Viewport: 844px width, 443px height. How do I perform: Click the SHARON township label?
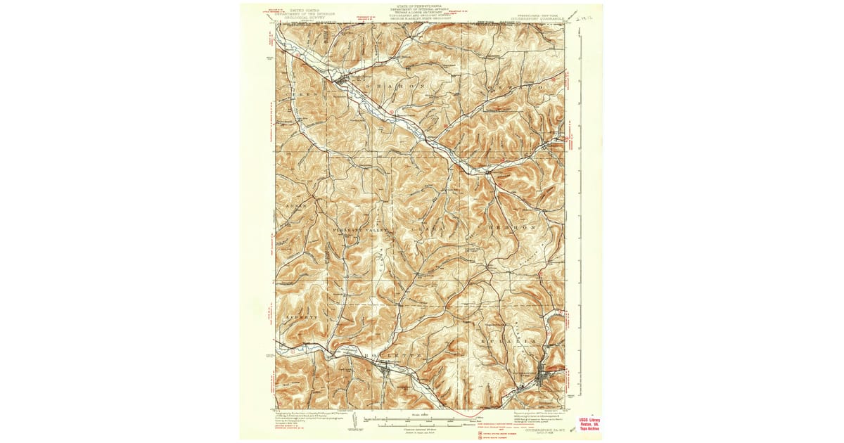click(x=395, y=86)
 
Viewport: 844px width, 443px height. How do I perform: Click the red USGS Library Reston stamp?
click(x=589, y=425)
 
